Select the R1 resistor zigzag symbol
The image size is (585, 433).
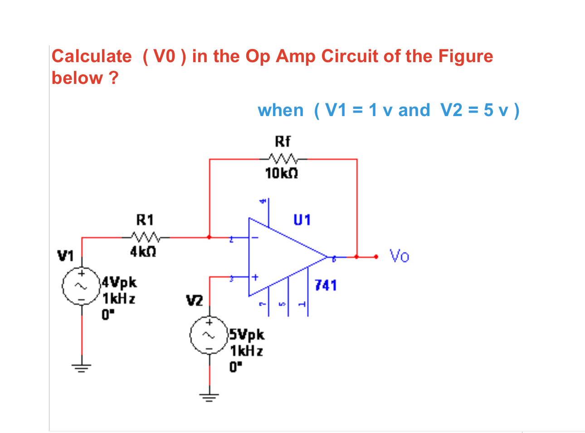click(145, 237)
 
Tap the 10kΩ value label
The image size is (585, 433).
click(282, 173)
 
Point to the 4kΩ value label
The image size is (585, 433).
click(143, 252)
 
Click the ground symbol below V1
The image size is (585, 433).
click(82, 367)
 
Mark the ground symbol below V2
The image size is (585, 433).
click(209, 398)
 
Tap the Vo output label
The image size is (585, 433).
click(399, 256)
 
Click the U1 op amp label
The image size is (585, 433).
click(302, 220)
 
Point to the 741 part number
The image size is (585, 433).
click(326, 285)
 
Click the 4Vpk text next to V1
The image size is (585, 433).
click(119, 282)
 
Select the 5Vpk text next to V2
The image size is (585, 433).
click(247, 335)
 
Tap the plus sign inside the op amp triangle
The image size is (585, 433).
click(255, 277)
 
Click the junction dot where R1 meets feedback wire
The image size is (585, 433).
click(209, 237)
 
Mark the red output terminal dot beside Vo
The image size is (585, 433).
click(376, 257)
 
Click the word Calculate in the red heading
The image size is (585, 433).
click(92, 56)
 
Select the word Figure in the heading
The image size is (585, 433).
click(465, 56)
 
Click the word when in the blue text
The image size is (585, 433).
click(280, 110)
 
